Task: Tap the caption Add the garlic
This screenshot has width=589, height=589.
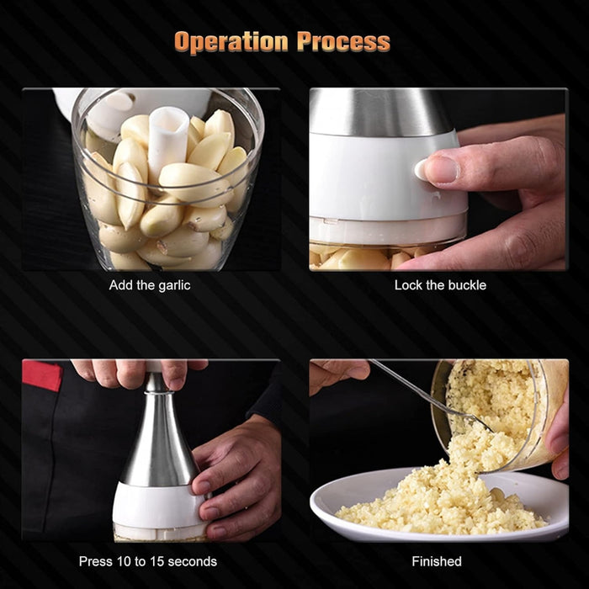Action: click(x=150, y=285)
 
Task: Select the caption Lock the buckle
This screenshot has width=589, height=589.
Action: click(x=440, y=285)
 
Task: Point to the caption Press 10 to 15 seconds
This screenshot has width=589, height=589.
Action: click(x=148, y=561)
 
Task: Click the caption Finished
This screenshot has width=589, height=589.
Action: click(x=437, y=561)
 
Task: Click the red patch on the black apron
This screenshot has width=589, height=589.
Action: click(x=42, y=375)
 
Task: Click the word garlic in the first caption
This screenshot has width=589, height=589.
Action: click(x=173, y=285)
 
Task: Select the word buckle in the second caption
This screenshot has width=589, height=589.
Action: click(x=467, y=285)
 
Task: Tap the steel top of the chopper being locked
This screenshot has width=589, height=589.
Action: click(x=379, y=111)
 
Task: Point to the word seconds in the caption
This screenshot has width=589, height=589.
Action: click(x=193, y=561)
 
